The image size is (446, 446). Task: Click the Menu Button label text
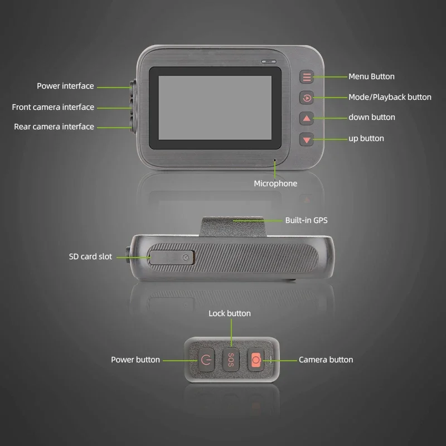(371, 76)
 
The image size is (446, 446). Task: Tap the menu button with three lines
(307, 77)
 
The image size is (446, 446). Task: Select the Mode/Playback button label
(390, 97)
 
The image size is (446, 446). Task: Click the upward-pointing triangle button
(307, 118)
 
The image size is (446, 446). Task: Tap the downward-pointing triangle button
(307, 139)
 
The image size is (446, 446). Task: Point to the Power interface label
(65, 86)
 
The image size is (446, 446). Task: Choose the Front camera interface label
(53, 107)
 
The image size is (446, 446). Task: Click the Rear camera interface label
(54, 127)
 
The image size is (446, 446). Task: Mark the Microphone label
(275, 183)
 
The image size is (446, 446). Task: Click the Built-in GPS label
(306, 220)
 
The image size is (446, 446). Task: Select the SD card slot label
(90, 256)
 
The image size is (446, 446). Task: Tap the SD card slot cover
(172, 257)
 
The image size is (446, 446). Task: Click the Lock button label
(230, 313)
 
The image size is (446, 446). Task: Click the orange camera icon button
(256, 360)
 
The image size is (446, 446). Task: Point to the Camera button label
(326, 360)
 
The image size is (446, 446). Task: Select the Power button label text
(135, 360)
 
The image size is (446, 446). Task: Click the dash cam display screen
(215, 107)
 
